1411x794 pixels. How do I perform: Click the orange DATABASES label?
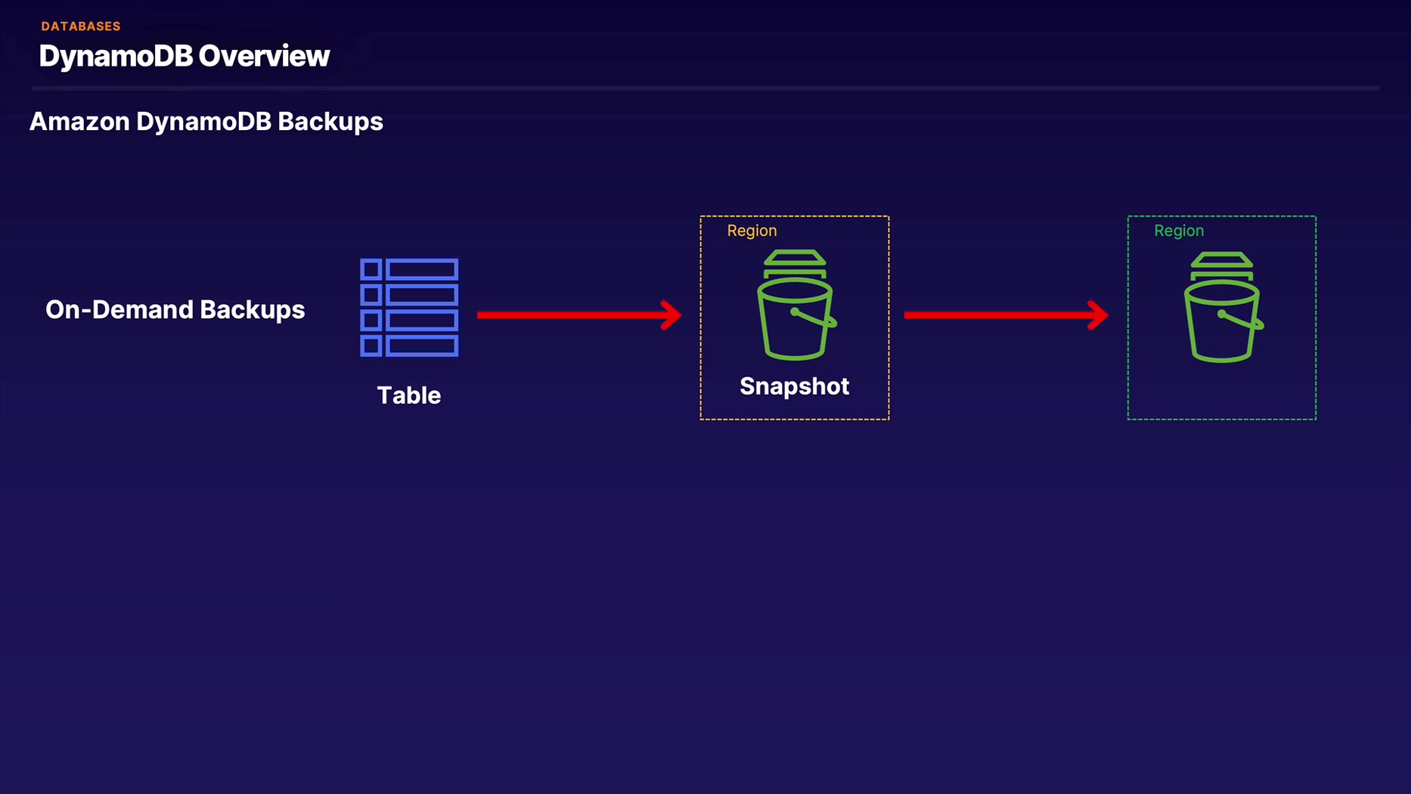click(81, 26)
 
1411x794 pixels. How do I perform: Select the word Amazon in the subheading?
click(79, 122)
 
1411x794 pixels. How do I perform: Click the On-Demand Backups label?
click(175, 309)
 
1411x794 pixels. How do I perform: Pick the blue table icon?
click(409, 308)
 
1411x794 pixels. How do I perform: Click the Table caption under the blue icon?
click(409, 395)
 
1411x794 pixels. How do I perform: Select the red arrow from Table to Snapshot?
click(579, 315)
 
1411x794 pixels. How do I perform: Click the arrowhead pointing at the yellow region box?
click(671, 315)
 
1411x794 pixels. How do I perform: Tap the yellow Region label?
click(752, 231)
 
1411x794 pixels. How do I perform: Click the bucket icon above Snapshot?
click(796, 305)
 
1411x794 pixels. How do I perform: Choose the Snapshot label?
click(794, 386)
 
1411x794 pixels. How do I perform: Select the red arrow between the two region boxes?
click(1006, 315)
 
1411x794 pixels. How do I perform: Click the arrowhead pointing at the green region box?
click(1099, 315)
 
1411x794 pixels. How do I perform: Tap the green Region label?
click(1179, 231)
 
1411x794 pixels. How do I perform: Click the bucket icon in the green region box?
click(1223, 307)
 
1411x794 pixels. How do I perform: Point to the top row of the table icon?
click(409, 270)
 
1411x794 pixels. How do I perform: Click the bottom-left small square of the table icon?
click(371, 346)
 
